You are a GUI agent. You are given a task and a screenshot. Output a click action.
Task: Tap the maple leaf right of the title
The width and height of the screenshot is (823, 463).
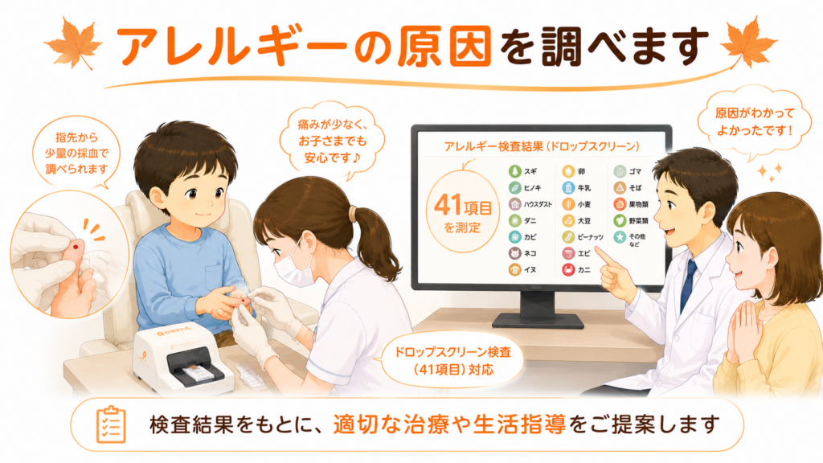tap(748, 42)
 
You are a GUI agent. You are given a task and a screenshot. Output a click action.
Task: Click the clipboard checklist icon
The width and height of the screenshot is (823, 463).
tap(111, 424)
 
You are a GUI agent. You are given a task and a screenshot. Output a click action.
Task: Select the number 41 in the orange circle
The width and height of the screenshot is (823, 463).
tap(448, 205)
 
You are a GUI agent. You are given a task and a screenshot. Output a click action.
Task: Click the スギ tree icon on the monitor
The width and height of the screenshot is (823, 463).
tap(515, 172)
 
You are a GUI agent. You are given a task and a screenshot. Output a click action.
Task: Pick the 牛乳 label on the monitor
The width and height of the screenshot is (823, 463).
tap(584, 188)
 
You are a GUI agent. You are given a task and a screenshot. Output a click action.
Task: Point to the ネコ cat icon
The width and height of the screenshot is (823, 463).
tap(515, 253)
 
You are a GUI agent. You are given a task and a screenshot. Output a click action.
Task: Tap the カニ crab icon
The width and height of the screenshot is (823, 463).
tap(568, 270)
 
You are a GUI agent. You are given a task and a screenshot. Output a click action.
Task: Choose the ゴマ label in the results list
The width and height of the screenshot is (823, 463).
tap(635, 172)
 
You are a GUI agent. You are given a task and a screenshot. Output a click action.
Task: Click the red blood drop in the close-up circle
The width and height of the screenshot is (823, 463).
tap(78, 244)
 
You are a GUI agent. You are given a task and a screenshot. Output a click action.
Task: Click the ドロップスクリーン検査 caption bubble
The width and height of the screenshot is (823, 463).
tap(452, 361)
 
